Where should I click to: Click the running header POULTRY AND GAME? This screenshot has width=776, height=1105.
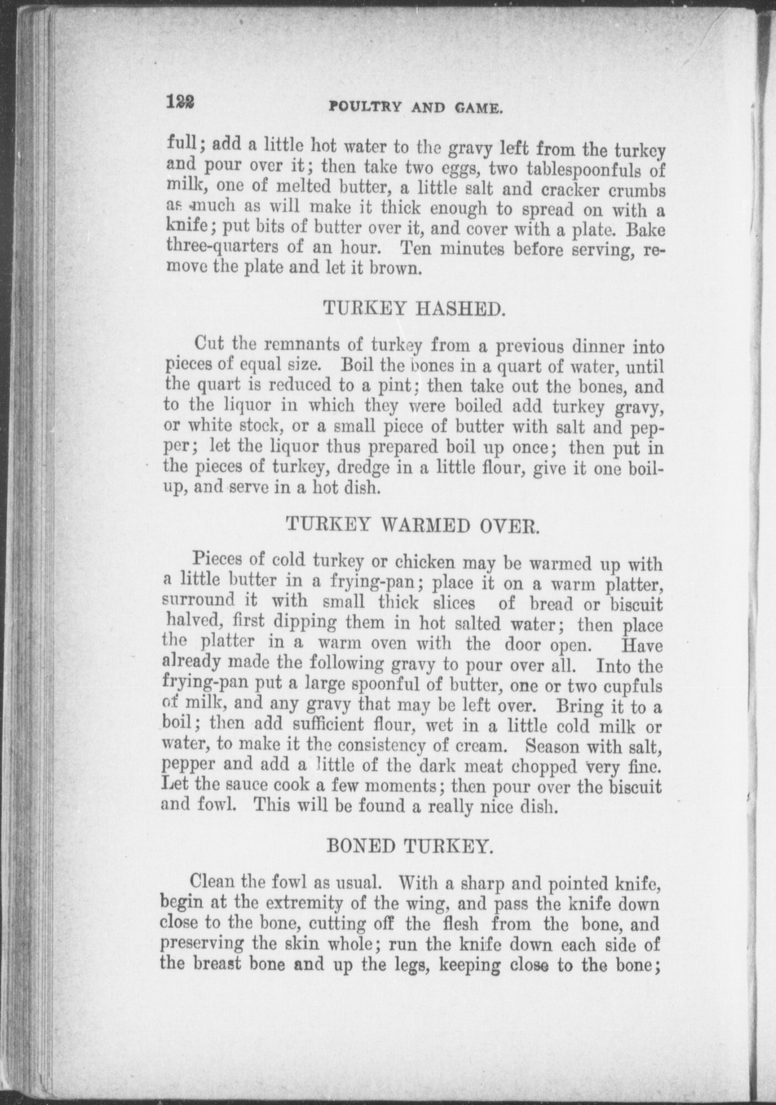(415, 107)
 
